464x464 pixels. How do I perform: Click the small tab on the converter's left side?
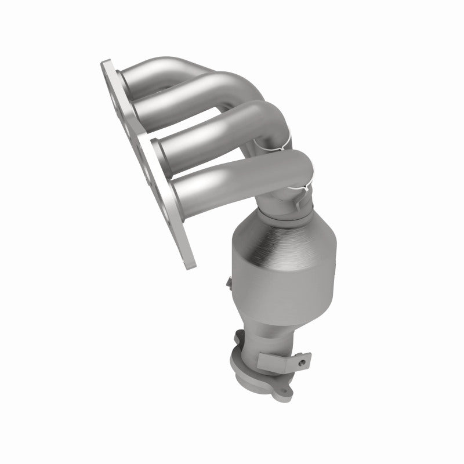click(229, 283)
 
